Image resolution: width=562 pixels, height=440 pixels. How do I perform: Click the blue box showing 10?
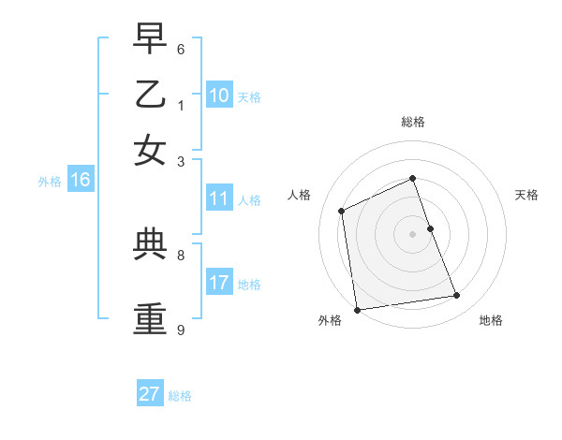tap(218, 95)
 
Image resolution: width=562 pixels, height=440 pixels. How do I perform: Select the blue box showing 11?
tap(218, 198)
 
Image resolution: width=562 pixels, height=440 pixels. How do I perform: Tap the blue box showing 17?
tap(218, 283)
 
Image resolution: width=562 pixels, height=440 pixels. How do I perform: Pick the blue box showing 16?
tap(81, 181)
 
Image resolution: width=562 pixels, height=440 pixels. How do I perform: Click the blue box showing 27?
tap(149, 394)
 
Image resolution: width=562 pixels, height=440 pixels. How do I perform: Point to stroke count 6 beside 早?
tap(181, 49)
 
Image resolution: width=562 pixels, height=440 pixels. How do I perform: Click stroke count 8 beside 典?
tap(181, 254)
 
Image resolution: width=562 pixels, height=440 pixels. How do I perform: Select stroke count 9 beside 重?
tap(181, 330)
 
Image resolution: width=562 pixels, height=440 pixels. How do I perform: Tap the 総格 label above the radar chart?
tap(413, 122)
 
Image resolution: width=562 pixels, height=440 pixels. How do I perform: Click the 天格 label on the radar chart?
tap(526, 195)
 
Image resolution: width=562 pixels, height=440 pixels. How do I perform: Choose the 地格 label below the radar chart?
tap(491, 320)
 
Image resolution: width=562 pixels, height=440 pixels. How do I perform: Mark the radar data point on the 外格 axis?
tap(357, 310)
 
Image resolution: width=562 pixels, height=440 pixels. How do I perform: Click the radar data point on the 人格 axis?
tap(342, 211)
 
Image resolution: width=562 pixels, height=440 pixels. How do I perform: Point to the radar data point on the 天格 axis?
tap(430, 228)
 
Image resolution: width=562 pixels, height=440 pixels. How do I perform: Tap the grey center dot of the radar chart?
tap(413, 234)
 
